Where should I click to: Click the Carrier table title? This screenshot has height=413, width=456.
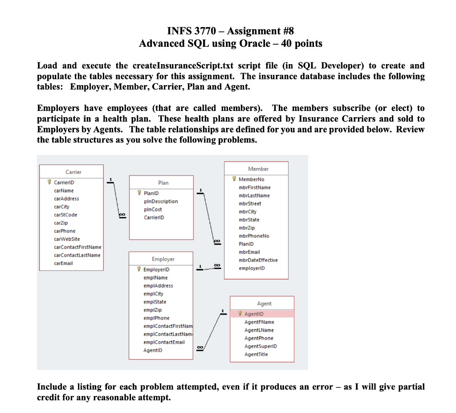tap(73, 172)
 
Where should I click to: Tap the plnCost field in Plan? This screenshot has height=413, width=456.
tap(153, 209)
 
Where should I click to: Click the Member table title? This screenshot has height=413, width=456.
tap(258, 169)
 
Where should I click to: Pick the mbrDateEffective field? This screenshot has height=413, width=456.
tap(258, 260)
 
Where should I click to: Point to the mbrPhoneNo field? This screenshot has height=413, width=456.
tap(254, 236)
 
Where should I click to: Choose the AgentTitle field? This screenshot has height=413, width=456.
tap(256, 354)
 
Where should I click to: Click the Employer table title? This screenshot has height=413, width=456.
tap(163, 259)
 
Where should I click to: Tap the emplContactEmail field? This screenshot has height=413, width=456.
tap(164, 342)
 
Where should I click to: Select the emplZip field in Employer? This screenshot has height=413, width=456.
tap(152, 310)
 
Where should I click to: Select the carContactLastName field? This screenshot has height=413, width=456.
tap(77, 255)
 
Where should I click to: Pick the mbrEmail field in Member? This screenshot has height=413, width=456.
tap(249, 252)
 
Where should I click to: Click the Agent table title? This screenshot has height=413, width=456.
tap(264, 303)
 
